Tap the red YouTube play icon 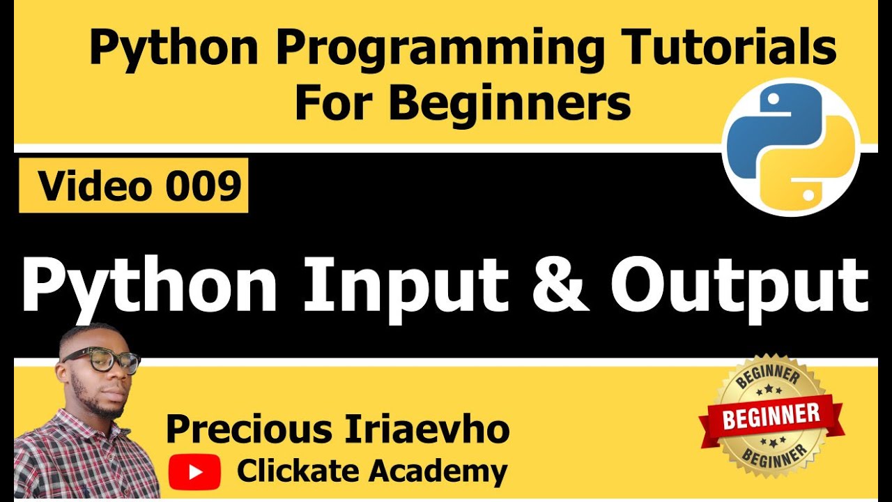pos(194,472)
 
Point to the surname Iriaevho pos(426,430)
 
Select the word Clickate pos(298,472)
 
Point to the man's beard pos(105,404)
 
